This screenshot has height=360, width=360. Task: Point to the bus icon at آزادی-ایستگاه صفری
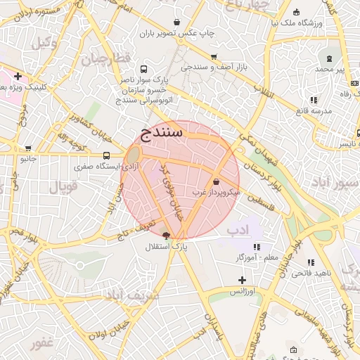coord(106,155)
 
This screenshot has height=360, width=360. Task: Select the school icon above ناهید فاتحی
coord(311,262)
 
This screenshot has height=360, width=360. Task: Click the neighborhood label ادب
coord(239,229)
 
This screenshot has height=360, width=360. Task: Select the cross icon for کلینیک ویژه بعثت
coord(18,76)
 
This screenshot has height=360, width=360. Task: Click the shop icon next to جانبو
coord(28,148)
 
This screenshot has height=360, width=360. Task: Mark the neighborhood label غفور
coord(43,342)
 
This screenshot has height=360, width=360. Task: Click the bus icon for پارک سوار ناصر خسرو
coord(144,70)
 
